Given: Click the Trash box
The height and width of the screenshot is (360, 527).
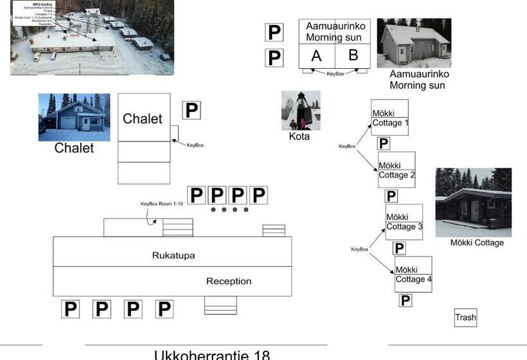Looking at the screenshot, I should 466,318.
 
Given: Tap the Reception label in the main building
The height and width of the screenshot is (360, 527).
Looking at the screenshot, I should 229,282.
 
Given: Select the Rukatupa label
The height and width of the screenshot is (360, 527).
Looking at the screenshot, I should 174,255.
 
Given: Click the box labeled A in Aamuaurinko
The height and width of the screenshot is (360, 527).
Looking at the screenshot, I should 316,56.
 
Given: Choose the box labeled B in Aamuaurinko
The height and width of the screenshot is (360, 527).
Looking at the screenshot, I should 353,55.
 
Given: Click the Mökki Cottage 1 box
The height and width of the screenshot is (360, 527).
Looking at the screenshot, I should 389,117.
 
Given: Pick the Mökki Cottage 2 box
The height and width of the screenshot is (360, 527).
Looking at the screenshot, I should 397,170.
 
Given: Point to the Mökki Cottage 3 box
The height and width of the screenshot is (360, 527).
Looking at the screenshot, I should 404,222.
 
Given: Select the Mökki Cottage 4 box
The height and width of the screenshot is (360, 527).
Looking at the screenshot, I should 413,274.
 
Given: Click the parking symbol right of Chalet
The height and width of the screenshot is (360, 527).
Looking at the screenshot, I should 191,111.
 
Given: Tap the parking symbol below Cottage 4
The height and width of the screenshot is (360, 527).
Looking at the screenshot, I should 405,300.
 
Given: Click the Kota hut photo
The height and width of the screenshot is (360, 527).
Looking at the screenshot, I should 300,111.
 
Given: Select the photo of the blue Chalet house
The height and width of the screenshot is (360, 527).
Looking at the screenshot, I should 74,118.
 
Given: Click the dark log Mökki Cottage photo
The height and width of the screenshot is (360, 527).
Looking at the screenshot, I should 473,203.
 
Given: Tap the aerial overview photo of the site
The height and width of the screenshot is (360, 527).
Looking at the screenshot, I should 92,37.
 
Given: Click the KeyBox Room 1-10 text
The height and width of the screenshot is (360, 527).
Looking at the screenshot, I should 162,204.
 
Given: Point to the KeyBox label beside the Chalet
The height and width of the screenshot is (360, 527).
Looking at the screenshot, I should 195,145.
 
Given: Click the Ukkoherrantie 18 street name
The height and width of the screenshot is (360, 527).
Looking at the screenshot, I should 212,355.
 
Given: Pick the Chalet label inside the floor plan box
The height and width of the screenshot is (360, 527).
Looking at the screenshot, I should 143,119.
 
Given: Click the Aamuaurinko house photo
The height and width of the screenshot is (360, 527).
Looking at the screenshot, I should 414,43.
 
